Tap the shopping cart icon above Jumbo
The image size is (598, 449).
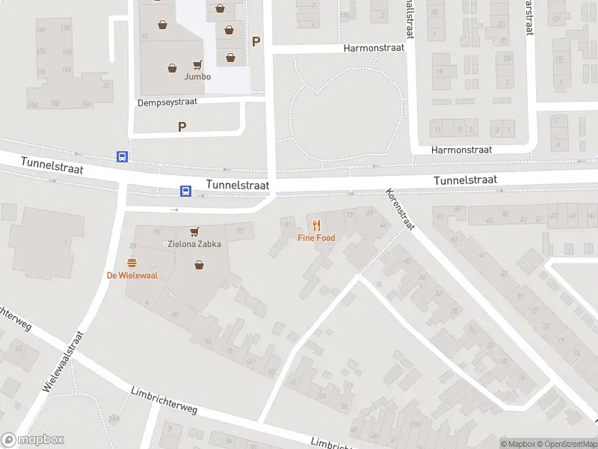[198, 65]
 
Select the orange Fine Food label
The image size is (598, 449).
[316, 238]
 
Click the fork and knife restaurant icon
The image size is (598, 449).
[316, 224]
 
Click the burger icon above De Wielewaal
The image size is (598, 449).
[132, 262]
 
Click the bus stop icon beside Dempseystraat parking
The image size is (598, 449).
[122, 156]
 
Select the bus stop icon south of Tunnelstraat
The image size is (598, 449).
[185, 192]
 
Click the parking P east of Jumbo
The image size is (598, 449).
[256, 42]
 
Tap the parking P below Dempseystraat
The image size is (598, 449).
[182, 127]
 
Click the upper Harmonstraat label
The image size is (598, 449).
[374, 47]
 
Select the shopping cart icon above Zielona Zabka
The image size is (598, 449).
[194, 232]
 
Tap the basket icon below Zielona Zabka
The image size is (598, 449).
[199, 264]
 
